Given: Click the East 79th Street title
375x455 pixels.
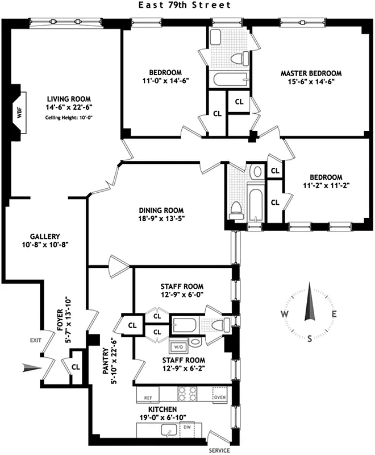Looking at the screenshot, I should tap(185, 5).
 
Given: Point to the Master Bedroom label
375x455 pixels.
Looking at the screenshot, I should tap(311, 73).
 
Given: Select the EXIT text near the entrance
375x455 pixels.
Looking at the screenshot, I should tap(36, 340).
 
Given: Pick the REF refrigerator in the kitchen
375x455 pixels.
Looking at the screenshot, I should tap(148, 398).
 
